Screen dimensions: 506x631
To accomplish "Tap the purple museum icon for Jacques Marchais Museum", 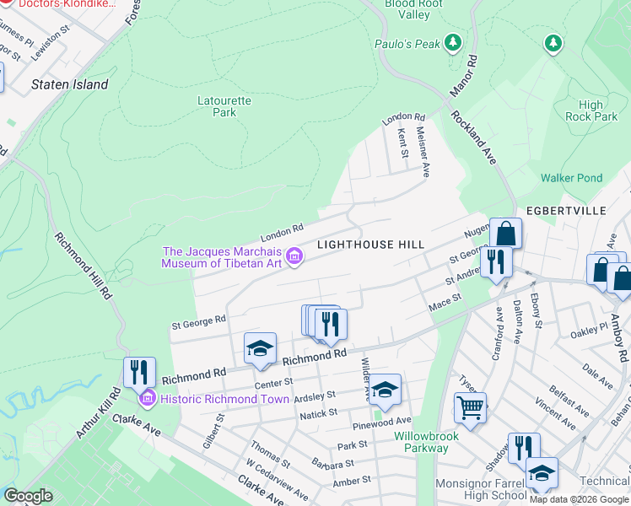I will (294, 257).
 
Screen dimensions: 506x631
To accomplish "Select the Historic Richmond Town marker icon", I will (148, 397).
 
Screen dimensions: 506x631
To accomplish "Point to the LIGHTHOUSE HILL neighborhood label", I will (369, 244).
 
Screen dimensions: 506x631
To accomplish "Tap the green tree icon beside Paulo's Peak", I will (453, 42).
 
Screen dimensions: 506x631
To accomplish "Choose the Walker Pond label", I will (571, 178).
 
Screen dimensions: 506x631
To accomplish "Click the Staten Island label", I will (69, 84).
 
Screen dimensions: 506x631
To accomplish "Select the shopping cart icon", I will (471, 409).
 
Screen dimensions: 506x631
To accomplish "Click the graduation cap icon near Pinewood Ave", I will (385, 389).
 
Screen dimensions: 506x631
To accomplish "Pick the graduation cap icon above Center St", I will (260, 348).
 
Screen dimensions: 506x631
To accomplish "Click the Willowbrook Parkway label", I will (421, 442).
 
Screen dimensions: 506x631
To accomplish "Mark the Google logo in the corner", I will (28, 496).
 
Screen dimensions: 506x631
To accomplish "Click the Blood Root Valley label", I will (413, 8).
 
